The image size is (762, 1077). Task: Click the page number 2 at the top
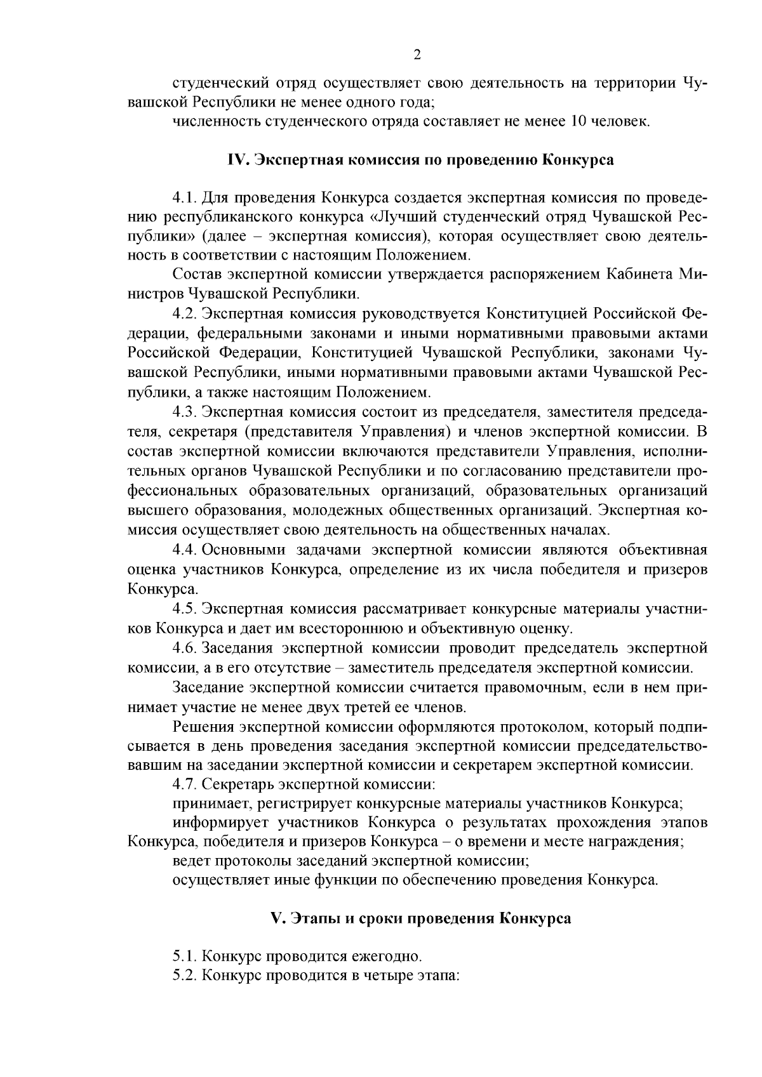click(417, 55)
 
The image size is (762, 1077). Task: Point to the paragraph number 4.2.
click(184, 314)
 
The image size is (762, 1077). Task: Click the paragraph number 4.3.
click(184, 413)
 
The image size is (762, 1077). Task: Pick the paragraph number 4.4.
click(184, 550)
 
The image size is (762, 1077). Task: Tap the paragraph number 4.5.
click(184, 609)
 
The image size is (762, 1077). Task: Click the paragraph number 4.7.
click(184, 785)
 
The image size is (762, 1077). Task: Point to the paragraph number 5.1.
click(184, 956)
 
